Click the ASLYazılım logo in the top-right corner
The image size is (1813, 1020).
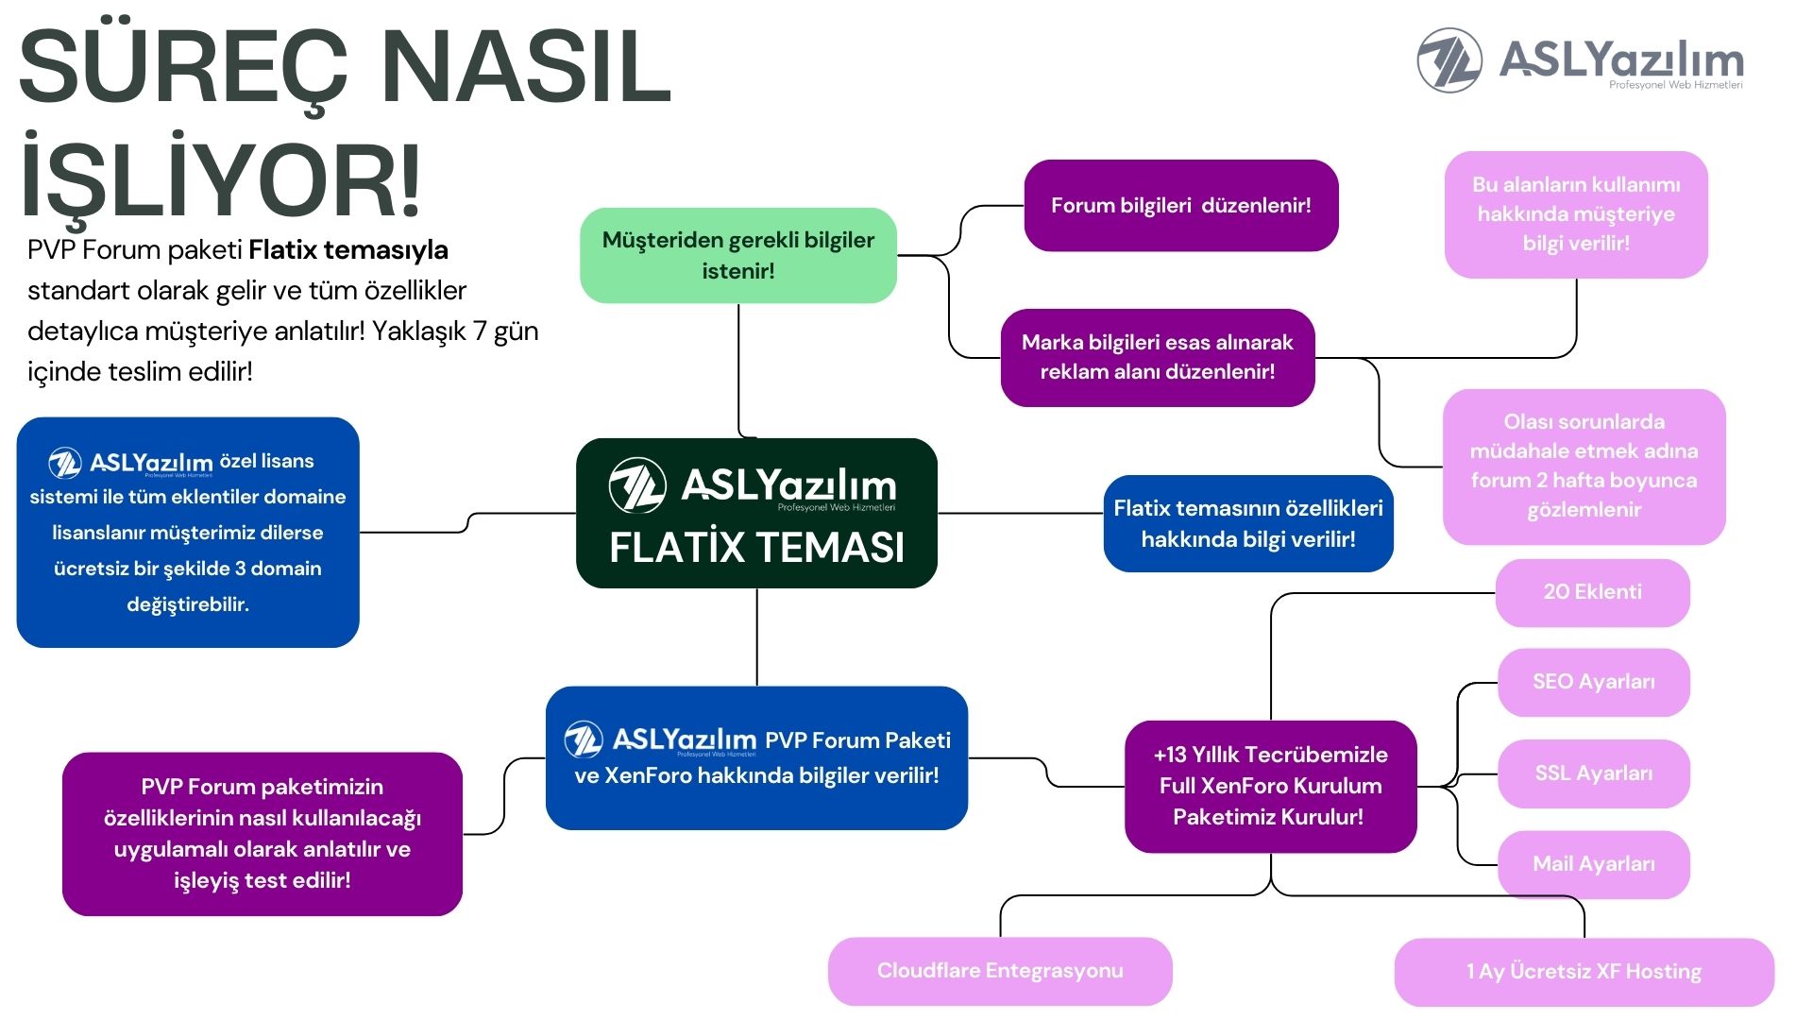1580,60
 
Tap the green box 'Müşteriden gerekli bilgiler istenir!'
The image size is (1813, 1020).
738,255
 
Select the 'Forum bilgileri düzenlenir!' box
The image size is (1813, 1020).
1181,205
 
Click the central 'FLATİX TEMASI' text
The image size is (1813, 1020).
756,547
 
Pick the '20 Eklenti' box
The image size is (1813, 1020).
1593,592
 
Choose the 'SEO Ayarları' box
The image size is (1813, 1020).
1594,682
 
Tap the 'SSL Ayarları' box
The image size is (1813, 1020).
1594,773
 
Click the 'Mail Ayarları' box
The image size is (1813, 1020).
1594,864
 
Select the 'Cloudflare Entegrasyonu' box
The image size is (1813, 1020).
1000,971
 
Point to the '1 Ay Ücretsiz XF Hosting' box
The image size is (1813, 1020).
1584,972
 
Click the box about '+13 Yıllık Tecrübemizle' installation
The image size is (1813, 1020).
1271,786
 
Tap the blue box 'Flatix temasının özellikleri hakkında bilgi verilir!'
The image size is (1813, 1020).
1248,523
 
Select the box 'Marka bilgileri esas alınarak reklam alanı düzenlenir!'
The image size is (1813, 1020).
1158,357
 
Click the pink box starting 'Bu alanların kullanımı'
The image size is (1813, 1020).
1576,214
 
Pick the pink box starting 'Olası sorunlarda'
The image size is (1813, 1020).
1584,467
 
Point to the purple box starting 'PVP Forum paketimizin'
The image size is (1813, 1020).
263,834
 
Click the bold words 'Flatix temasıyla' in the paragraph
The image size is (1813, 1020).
348,250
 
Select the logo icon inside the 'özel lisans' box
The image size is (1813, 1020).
65,463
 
